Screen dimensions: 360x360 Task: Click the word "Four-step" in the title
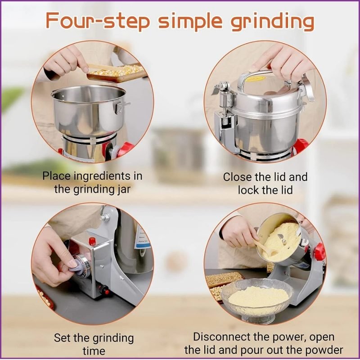(98, 21)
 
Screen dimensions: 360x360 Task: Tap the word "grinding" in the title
(272, 22)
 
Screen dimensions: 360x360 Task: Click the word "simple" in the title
(190, 22)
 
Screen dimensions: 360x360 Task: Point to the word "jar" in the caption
(124, 190)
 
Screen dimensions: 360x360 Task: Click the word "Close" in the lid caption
(237, 177)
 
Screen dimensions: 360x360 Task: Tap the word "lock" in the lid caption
(249, 190)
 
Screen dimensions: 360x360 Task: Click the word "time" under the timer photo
(94, 351)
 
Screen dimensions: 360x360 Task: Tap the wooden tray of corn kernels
(117, 73)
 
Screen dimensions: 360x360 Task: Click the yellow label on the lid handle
(255, 79)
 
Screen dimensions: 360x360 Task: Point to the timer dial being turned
(81, 266)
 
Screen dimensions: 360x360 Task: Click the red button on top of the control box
(92, 241)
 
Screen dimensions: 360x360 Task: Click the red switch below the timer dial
(104, 290)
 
